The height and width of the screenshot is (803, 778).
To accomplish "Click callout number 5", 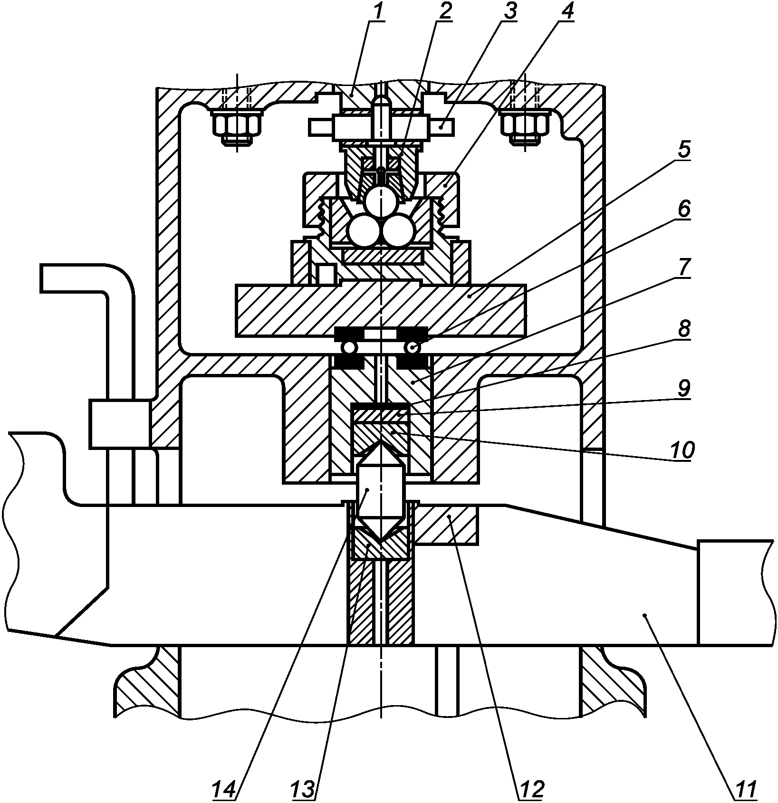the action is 683,150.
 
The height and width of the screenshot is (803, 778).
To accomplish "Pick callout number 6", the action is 683,210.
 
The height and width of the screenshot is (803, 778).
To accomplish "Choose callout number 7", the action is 683,268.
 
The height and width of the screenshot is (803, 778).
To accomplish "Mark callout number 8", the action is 683,328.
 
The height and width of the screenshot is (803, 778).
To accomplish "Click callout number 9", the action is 683,388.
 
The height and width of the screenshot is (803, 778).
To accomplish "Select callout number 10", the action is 682,449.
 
